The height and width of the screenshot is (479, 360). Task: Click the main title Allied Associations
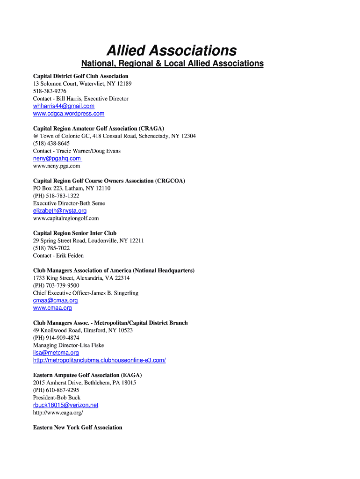(x=172, y=50)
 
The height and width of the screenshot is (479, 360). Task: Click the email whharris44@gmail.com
(x=64, y=106)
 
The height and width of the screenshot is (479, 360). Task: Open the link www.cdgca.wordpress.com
(x=69, y=114)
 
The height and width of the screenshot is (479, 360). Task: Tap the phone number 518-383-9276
(x=50, y=91)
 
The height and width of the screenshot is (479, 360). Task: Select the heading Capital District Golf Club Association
(x=80, y=76)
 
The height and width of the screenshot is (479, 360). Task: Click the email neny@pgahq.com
(x=57, y=159)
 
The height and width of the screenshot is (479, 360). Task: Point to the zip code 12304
(x=187, y=136)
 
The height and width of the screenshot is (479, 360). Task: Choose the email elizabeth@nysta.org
(x=60, y=211)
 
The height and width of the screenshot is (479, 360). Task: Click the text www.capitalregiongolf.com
(x=66, y=218)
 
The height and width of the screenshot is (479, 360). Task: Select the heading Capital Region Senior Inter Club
(x=75, y=233)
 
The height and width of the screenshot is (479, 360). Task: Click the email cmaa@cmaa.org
(x=55, y=301)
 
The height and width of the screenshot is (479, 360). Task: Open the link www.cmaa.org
(x=52, y=308)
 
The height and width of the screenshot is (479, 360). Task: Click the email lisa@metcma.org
(x=56, y=353)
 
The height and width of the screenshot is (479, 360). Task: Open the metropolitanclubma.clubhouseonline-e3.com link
(x=99, y=360)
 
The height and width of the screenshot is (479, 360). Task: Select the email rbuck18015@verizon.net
(x=65, y=405)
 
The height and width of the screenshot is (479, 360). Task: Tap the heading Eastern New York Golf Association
(x=78, y=428)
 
